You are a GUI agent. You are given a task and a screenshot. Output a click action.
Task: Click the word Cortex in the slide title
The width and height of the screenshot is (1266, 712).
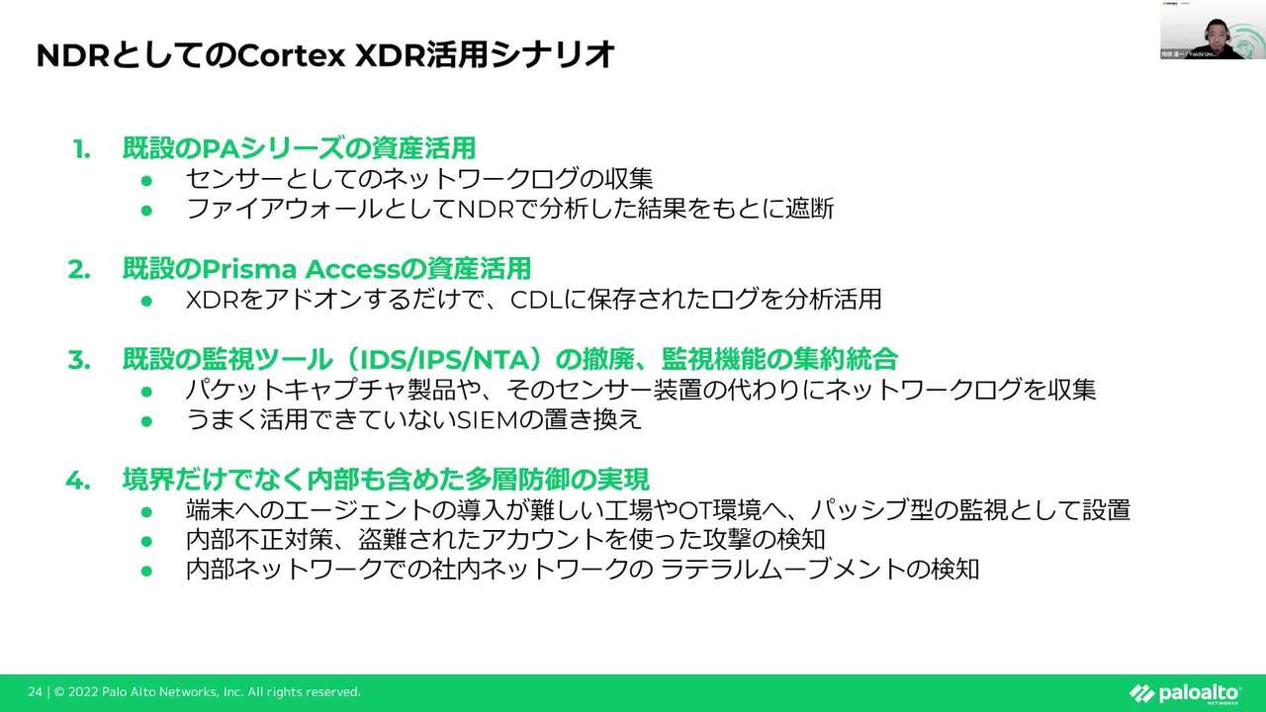pyautogui.click(x=287, y=55)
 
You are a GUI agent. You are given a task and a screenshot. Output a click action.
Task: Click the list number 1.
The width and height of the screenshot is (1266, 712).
pyautogui.click(x=82, y=149)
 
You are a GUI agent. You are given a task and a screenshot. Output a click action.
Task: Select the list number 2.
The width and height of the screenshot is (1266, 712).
pyautogui.click(x=79, y=269)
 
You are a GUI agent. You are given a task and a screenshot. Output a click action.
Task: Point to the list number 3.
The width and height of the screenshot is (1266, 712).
pyautogui.click(x=79, y=359)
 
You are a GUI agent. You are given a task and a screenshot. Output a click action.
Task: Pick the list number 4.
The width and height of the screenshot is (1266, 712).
pyautogui.click(x=78, y=481)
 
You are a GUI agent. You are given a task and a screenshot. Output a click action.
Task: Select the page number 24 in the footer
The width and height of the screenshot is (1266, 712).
pyautogui.click(x=35, y=692)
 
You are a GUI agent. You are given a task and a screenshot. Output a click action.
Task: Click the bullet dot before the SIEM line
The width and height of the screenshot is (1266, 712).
pyautogui.click(x=146, y=420)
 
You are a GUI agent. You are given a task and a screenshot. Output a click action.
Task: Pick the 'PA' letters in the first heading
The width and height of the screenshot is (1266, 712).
pyautogui.click(x=216, y=149)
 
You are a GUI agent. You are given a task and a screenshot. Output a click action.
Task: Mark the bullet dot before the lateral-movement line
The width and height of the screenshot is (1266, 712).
pyautogui.click(x=146, y=571)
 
